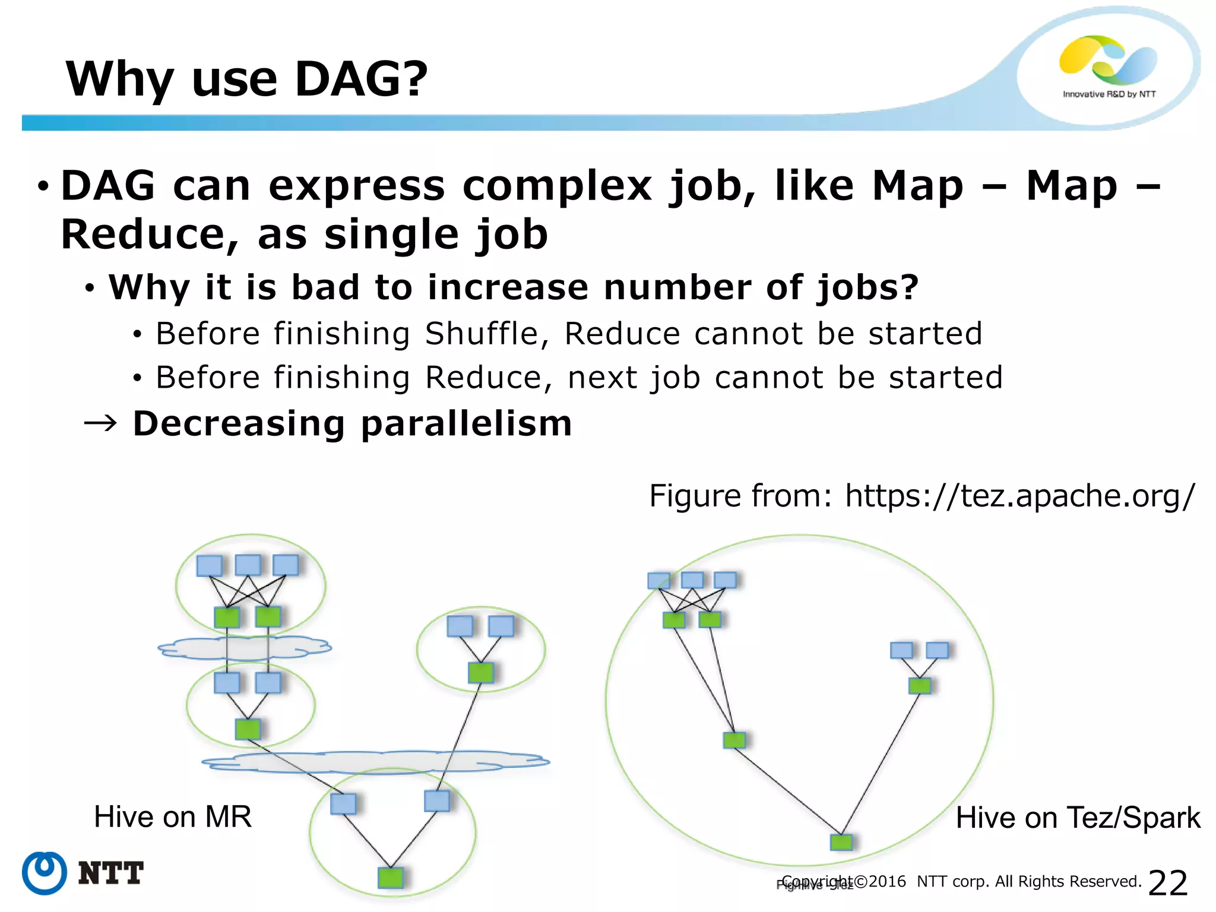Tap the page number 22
pyautogui.click(x=1167, y=883)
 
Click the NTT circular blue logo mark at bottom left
pyautogui.click(x=44, y=872)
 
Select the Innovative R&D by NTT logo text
pyautogui.click(x=1109, y=94)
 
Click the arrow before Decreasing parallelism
pyautogui.click(x=100, y=423)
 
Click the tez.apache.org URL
pyautogui.click(x=1019, y=496)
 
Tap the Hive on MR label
pyautogui.click(x=172, y=817)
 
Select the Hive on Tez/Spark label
pyautogui.click(x=1078, y=818)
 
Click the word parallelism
pyautogui.click(x=465, y=424)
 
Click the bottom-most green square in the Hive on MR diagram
pyautogui.click(x=390, y=877)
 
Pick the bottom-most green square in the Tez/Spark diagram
pyautogui.click(x=841, y=841)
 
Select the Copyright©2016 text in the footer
pyautogui.click(x=843, y=881)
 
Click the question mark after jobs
pyautogui.click(x=909, y=287)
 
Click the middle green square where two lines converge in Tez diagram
pyautogui.click(x=734, y=740)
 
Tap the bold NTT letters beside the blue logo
pyautogui.click(x=110, y=873)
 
